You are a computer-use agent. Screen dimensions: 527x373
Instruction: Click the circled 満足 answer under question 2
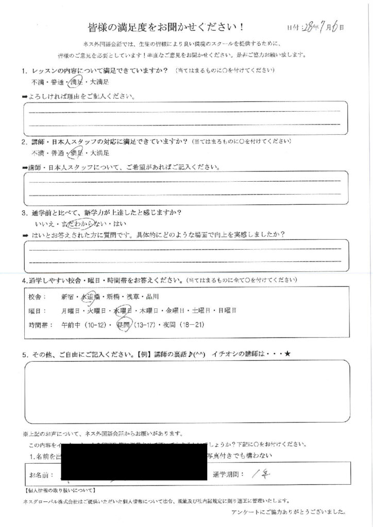coord(77,153)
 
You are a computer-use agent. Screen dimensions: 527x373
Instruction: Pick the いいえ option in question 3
coord(40,224)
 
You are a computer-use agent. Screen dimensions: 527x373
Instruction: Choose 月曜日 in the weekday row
coord(70,311)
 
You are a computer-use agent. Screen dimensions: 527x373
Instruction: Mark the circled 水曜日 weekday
coord(124,311)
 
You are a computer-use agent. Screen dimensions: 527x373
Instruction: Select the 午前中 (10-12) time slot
coord(84,325)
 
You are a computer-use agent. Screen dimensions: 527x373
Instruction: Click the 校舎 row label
coord(38,297)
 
